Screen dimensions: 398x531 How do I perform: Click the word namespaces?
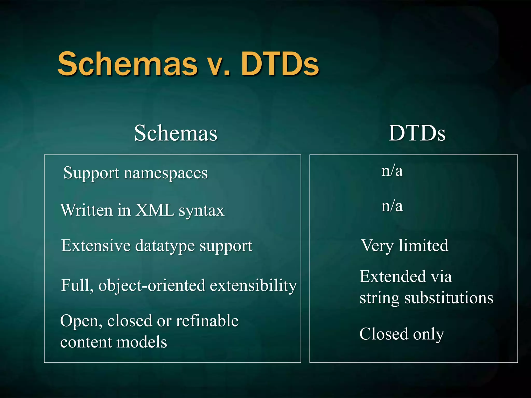click(x=166, y=173)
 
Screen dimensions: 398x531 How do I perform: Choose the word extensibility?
click(x=253, y=285)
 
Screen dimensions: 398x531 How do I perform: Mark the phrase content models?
click(x=114, y=342)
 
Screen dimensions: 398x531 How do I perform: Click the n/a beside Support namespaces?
click(x=392, y=171)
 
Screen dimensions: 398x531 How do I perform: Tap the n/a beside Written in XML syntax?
click(x=392, y=206)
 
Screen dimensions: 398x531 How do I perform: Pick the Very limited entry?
click(x=404, y=245)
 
